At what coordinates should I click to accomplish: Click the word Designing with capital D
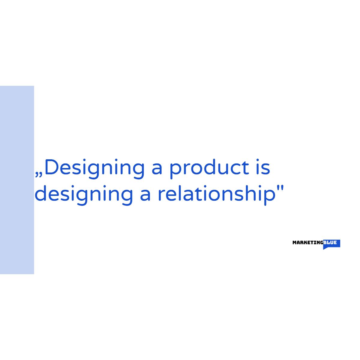pos(94,169)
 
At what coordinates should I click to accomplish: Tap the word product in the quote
pos(209,169)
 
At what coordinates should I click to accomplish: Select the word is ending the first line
pos(263,167)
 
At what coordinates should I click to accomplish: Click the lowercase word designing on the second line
pos(84,195)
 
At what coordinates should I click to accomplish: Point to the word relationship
pos(217,195)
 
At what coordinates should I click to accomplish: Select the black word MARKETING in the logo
pos(308,243)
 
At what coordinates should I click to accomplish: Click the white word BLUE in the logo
pos(330,242)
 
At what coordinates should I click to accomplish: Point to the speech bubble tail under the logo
pos(325,248)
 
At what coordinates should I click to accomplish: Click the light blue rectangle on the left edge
pos(17,180)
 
